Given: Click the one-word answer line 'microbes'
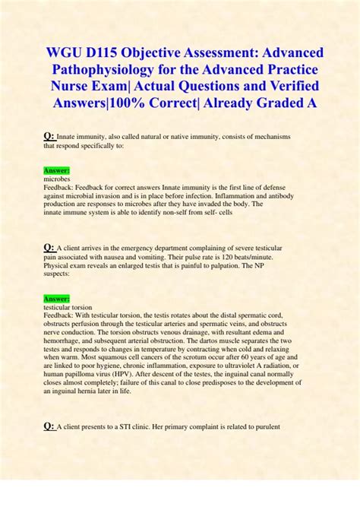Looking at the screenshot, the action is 58,179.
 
